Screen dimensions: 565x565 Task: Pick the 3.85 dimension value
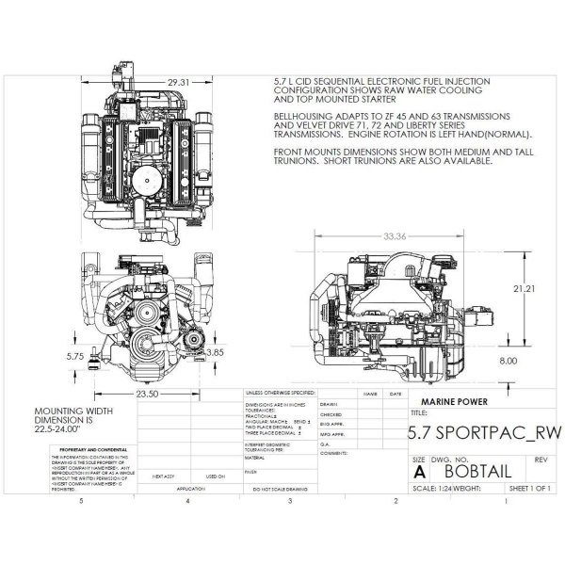[215, 352]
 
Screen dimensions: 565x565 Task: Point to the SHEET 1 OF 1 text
[529, 489]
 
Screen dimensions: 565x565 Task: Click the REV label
[540, 459]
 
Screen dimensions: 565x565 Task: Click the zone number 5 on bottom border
[82, 501]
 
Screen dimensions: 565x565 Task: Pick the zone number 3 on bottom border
[290, 501]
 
